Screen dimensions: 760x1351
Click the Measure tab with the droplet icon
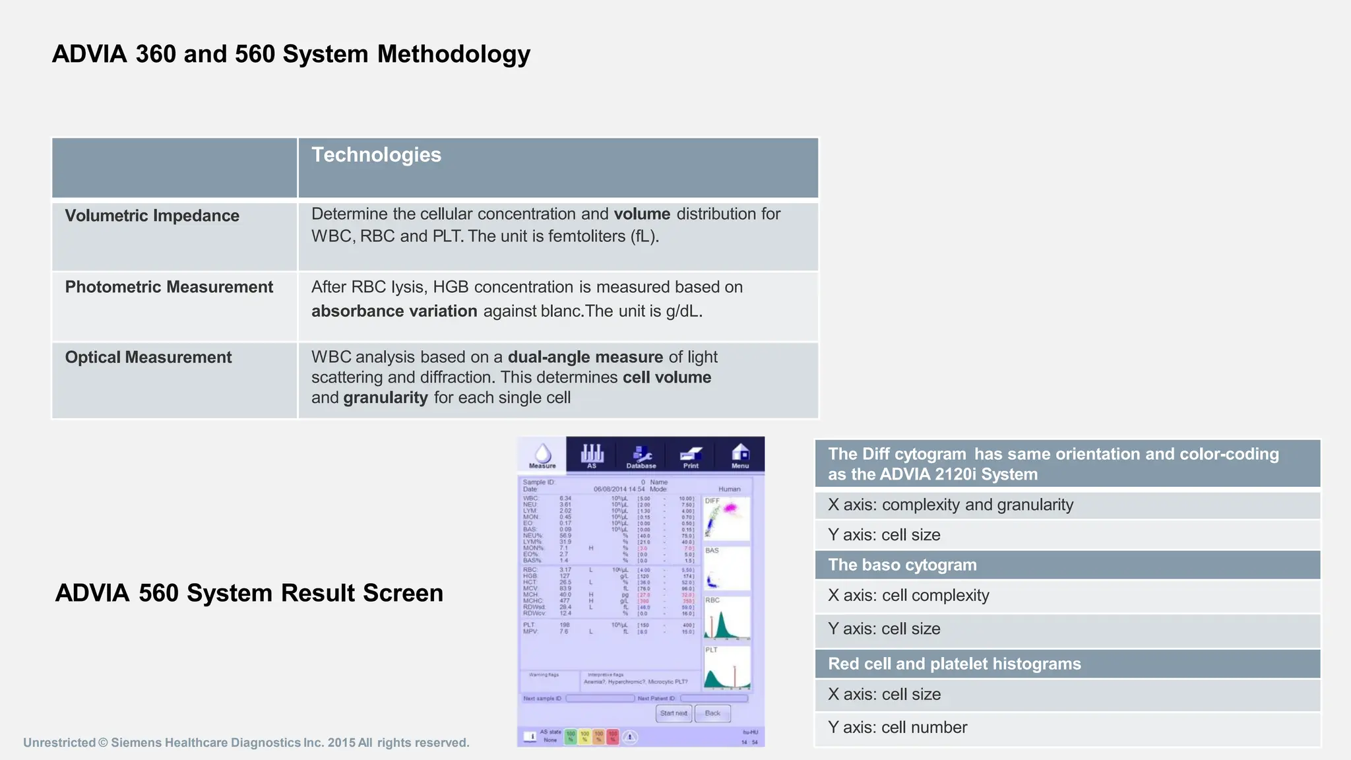coord(542,455)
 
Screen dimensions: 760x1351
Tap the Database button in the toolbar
coord(641,455)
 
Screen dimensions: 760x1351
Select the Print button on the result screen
coord(691,455)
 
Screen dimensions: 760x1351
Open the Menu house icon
coord(740,455)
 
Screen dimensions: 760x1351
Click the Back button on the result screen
coord(712,713)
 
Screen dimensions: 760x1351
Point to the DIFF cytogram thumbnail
coord(727,519)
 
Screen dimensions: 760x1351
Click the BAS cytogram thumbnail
coord(727,568)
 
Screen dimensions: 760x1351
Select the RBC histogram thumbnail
coord(727,618)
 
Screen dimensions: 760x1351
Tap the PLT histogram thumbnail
coord(727,668)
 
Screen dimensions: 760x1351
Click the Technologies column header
coord(376,155)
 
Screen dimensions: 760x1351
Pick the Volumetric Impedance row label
coord(152,216)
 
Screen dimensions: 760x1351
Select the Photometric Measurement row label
coord(169,287)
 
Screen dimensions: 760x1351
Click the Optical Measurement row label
coord(148,358)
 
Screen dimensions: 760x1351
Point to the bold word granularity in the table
coord(385,398)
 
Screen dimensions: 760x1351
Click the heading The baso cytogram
coord(902,565)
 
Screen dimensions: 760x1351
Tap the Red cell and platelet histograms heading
coord(955,664)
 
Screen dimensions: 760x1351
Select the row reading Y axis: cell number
coord(897,728)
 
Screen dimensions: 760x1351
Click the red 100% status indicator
coord(613,737)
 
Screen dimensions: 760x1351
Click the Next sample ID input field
coord(600,699)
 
